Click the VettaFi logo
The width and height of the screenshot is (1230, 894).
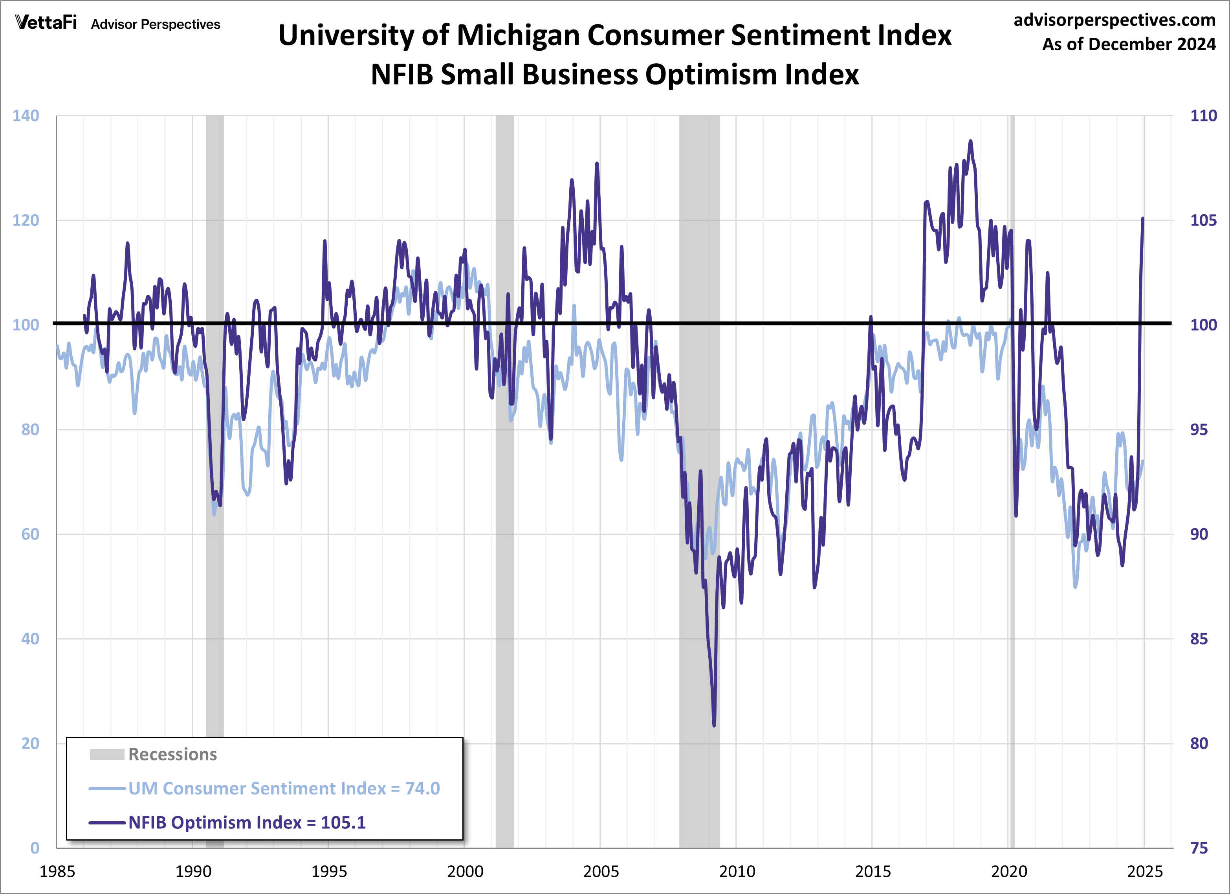(46, 23)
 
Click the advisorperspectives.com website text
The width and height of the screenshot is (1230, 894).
(1114, 20)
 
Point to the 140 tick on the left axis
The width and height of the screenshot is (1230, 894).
(26, 116)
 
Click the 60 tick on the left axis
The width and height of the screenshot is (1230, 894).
(30, 534)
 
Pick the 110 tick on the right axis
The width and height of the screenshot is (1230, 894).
(1203, 116)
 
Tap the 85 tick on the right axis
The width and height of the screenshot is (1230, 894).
(1199, 639)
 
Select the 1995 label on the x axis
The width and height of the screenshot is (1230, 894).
(329, 872)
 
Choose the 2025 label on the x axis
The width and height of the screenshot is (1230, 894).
(1144, 872)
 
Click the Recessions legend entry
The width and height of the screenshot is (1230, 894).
(172, 754)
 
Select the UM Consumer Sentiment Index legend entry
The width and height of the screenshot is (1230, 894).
(283, 789)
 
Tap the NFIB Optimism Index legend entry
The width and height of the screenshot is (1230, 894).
(247, 823)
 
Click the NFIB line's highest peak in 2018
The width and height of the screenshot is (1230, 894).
(970, 141)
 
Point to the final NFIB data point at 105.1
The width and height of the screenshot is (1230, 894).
(1143, 218)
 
